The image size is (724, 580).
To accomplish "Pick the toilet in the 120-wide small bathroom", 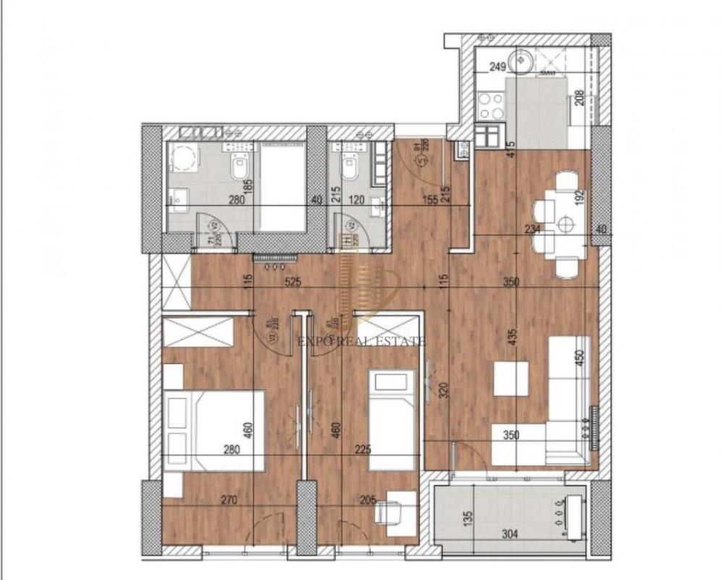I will (x=349, y=168).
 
